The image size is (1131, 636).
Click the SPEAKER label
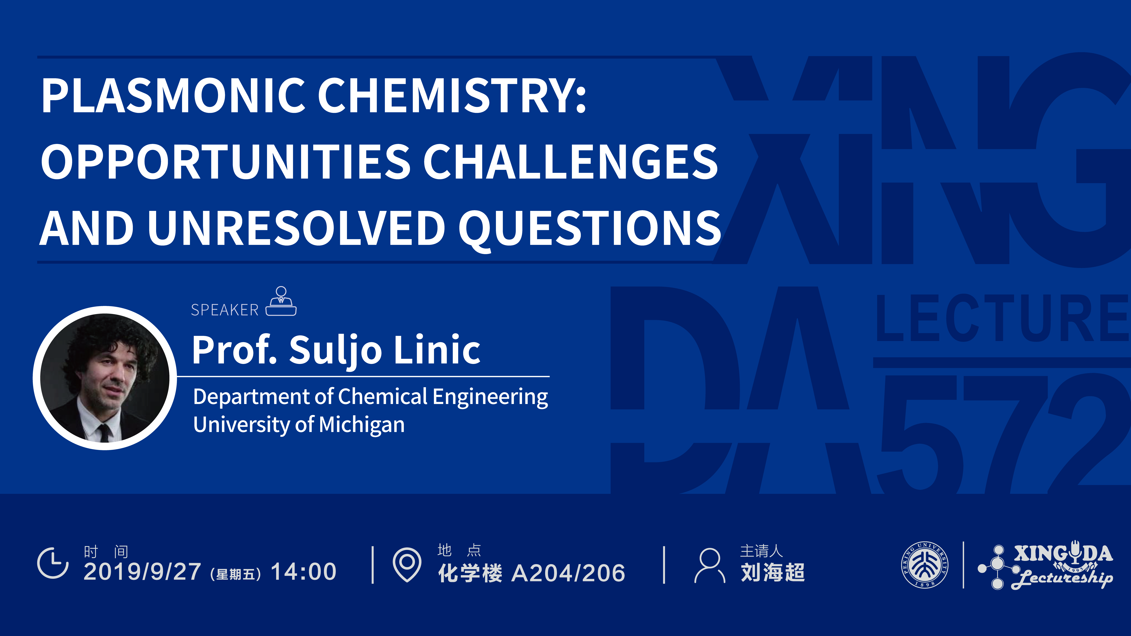coord(225,310)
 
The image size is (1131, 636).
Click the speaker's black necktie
coord(104,432)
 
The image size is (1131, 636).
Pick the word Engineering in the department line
coord(490,397)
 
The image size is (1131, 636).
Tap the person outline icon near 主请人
coord(710,565)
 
